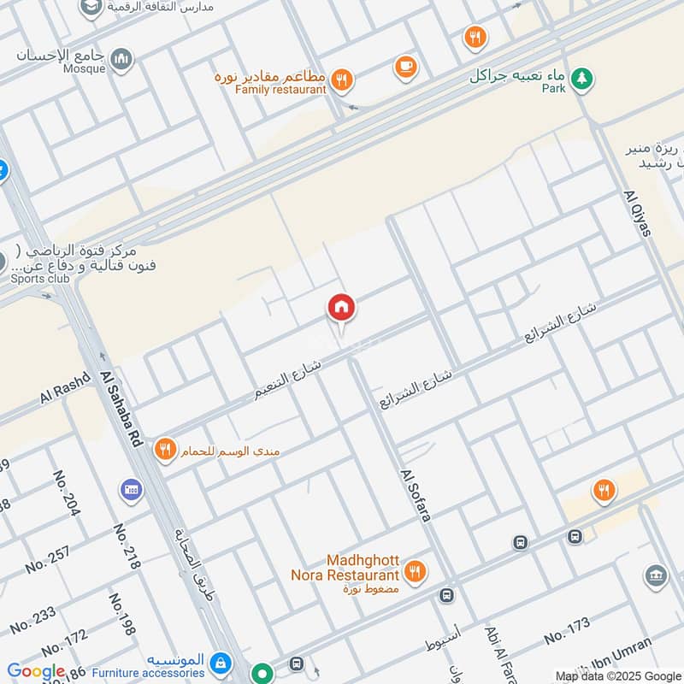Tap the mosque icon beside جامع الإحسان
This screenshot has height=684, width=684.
(122, 59)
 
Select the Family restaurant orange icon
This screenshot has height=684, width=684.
(342, 80)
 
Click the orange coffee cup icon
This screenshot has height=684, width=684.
(405, 66)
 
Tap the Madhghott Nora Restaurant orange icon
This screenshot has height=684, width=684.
(415, 571)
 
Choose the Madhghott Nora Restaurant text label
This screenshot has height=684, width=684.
(345, 568)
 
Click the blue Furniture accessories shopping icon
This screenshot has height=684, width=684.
(221, 663)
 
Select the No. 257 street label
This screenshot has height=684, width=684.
(48, 558)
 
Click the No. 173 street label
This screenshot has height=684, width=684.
(567, 631)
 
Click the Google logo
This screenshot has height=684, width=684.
(36, 672)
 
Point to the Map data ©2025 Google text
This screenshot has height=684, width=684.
(618, 675)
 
